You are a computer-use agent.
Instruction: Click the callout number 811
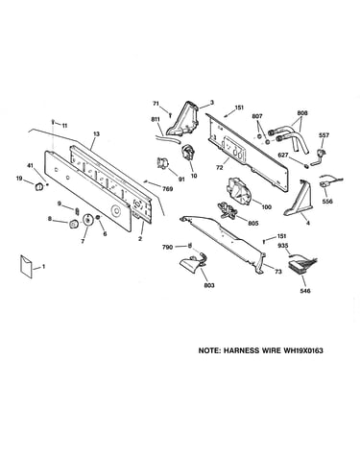tap(156, 119)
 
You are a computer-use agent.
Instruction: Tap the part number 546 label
tap(305, 291)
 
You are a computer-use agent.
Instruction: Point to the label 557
tap(324, 135)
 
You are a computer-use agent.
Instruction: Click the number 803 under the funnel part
tap(209, 285)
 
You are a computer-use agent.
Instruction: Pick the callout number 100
tap(266, 206)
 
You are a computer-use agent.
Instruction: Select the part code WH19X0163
tap(302, 350)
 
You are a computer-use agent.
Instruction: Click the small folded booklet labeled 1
tap(26, 267)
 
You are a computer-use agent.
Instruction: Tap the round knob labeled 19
tap(39, 186)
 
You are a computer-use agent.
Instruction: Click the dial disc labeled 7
tap(87, 220)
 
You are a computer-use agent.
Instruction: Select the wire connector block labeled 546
tap(302, 264)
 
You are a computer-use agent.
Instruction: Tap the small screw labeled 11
tap(53, 122)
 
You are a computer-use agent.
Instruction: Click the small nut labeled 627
tap(305, 166)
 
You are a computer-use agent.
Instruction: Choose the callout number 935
tap(283, 246)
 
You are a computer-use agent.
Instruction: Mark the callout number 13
tap(96, 133)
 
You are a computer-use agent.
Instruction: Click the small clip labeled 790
tap(190, 246)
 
